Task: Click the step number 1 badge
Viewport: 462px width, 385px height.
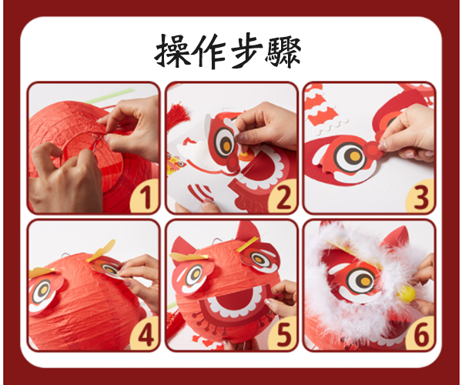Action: (x=145, y=196)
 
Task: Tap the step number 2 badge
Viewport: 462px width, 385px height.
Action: (x=283, y=196)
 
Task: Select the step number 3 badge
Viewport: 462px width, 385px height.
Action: (x=420, y=196)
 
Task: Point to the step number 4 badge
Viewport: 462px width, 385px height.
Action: (x=145, y=334)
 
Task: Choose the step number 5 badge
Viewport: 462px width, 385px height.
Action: (x=283, y=334)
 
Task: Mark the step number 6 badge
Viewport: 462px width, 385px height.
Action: (x=420, y=334)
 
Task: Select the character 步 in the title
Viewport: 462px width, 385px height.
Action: (x=246, y=51)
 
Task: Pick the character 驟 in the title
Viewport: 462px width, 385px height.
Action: (x=283, y=52)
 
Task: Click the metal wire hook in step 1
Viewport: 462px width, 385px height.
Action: (x=98, y=142)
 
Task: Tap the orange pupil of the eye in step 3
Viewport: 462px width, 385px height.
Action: (x=354, y=156)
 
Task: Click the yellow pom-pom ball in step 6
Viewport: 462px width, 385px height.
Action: (x=406, y=292)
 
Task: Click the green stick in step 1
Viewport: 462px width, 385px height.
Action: (x=110, y=95)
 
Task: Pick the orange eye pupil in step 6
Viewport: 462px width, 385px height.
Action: (x=365, y=281)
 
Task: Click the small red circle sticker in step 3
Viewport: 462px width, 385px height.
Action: (x=372, y=149)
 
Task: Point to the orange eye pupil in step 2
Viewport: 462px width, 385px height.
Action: (x=226, y=146)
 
